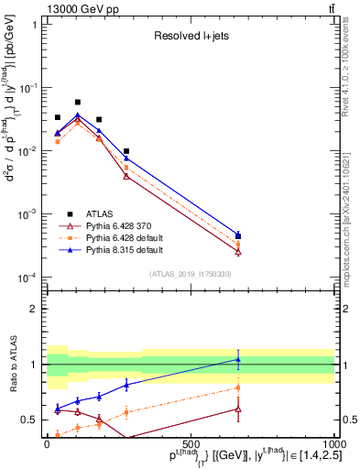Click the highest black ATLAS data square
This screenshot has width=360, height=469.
point(78,102)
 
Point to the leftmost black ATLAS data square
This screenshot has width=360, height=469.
point(58,117)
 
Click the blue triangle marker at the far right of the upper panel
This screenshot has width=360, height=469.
point(238,235)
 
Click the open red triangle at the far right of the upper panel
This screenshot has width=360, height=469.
point(238,251)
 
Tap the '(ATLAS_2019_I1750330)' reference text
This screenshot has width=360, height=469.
point(191,273)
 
